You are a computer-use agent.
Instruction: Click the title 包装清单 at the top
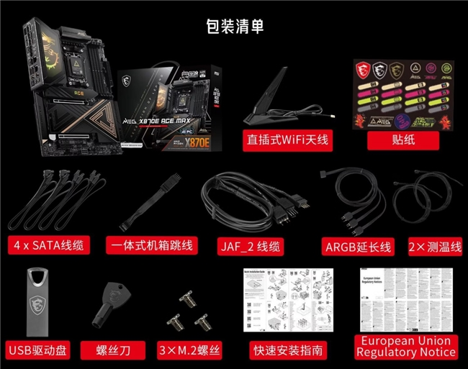click(234, 27)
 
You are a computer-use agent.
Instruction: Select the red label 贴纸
click(403, 140)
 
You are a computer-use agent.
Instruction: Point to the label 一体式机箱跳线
click(152, 245)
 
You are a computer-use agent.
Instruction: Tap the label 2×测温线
click(434, 246)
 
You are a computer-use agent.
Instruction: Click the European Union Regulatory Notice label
click(406, 346)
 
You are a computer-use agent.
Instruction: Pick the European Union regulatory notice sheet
click(406, 299)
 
